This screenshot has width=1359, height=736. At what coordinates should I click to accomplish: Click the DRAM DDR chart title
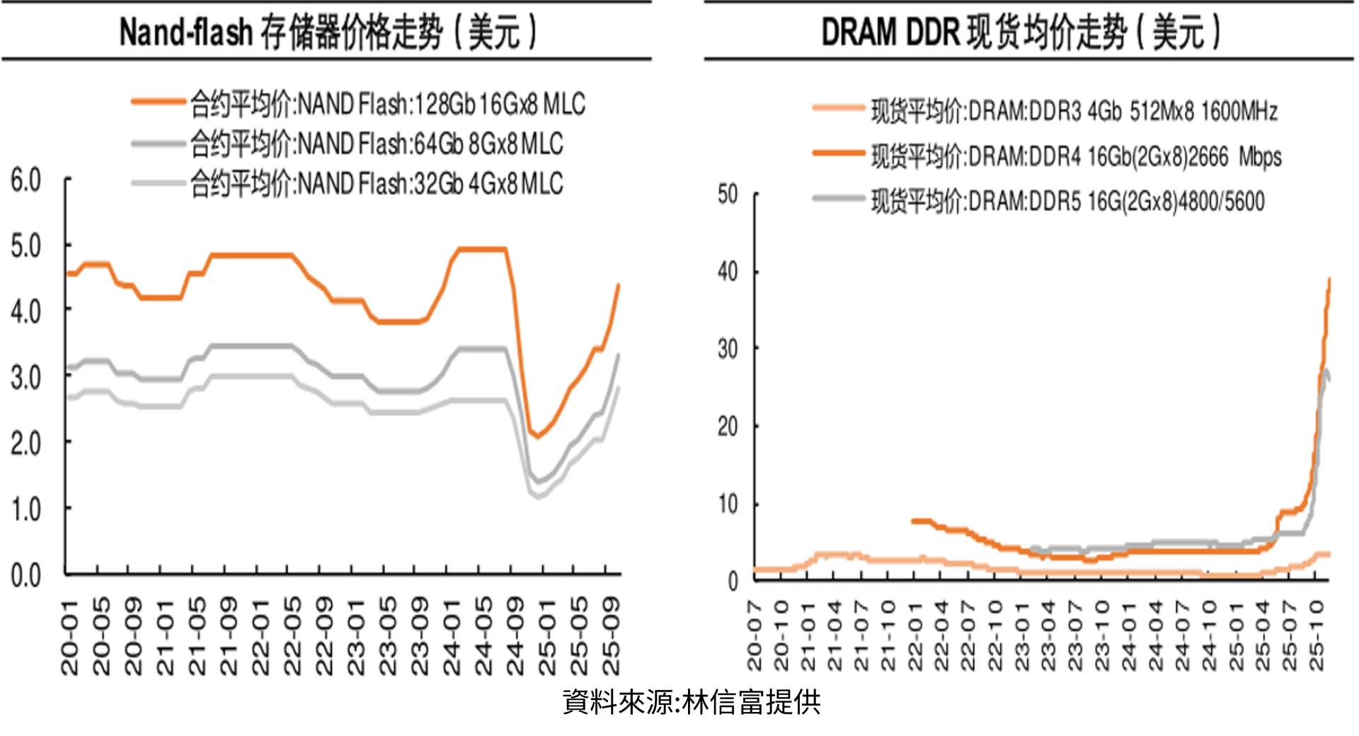point(1021,33)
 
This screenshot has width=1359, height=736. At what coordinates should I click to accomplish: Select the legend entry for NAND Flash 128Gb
point(387,105)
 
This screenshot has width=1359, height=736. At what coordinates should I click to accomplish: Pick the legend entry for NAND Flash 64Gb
point(376,144)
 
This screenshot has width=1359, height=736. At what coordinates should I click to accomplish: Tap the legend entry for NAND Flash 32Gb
point(376,184)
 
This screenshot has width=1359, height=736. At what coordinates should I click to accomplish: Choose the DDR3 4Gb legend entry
point(1073,111)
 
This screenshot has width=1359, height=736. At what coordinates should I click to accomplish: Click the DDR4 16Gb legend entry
point(1076,156)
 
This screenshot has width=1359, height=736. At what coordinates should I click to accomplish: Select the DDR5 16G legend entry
point(1067,202)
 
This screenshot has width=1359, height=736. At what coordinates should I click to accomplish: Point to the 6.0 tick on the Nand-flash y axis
point(25,180)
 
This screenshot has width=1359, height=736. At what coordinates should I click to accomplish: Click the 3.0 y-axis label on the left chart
point(25,378)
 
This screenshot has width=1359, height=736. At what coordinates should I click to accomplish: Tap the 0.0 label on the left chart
point(25,575)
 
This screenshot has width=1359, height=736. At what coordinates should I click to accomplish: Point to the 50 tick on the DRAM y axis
point(728,195)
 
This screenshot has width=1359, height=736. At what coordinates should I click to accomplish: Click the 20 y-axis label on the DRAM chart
point(728,427)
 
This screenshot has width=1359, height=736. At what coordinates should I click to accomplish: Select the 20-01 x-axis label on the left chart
point(69,636)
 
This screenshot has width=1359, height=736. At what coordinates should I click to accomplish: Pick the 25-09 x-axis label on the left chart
point(611,636)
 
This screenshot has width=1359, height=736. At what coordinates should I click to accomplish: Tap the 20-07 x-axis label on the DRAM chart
point(755,635)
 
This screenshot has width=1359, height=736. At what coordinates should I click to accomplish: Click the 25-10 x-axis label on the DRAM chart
point(1317,635)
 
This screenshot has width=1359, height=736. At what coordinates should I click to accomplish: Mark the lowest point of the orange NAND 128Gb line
point(537,437)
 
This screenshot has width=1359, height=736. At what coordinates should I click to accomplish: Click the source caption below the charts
point(692,703)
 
